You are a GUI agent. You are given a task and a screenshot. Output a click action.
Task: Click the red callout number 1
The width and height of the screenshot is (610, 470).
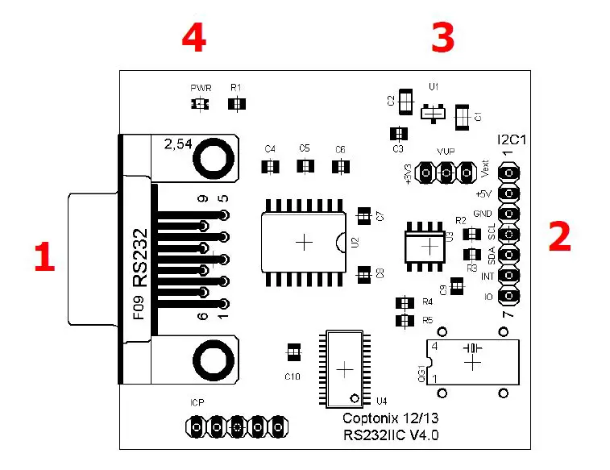click(44, 258)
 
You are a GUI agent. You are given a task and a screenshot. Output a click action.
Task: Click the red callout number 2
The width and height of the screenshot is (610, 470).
click(559, 236)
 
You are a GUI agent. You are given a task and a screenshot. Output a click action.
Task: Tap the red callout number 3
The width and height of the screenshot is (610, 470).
click(442, 38)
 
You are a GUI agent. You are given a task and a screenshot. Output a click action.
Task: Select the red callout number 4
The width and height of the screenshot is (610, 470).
click(193, 38)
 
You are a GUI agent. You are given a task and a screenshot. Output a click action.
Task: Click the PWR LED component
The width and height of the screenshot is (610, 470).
click(198, 104)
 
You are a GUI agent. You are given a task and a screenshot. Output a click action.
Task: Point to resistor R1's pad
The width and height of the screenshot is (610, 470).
click(237, 104)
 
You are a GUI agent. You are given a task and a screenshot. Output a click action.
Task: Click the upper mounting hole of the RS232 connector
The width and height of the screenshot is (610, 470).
click(213, 158)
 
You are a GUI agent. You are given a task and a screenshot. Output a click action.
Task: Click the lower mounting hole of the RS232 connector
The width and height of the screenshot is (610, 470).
click(213, 358)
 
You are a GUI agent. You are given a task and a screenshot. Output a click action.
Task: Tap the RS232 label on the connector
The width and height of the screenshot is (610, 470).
click(141, 257)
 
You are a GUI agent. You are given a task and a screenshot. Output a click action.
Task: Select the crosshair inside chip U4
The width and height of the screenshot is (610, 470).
click(344, 368)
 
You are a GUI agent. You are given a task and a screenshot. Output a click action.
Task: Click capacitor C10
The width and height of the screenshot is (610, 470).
click(293, 352)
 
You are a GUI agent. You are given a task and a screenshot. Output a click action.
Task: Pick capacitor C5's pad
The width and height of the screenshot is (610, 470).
click(305, 166)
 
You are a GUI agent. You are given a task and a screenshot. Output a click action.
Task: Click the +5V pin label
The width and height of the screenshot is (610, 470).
click(483, 194)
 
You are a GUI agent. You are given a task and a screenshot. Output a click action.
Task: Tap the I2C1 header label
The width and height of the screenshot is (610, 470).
click(512, 139)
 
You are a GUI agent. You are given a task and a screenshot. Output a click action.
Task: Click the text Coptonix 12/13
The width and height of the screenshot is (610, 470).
click(391, 418)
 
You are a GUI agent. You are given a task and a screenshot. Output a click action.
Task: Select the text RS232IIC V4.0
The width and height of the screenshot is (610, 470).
click(391, 435)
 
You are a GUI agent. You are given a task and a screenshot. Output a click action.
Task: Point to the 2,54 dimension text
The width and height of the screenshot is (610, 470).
click(177, 145)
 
